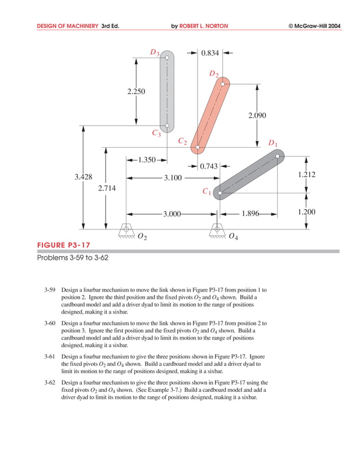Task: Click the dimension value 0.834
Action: pyautogui.click(x=210, y=54)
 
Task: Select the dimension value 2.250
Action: pyautogui.click(x=137, y=91)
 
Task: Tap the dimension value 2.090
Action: pyautogui.click(x=257, y=116)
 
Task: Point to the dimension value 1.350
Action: pyautogui.click(x=146, y=160)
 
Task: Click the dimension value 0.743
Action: pyautogui.click(x=209, y=166)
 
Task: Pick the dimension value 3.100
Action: pyautogui.click(x=173, y=178)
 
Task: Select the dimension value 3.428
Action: pyautogui.click(x=84, y=177)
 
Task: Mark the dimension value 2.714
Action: pyautogui.click(x=107, y=188)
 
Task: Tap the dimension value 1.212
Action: pyautogui.click(x=306, y=175)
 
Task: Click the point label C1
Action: pyautogui.click(x=207, y=192)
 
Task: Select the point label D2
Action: pyautogui.click(x=214, y=74)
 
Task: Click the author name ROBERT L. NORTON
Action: pyautogui.click(x=204, y=26)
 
